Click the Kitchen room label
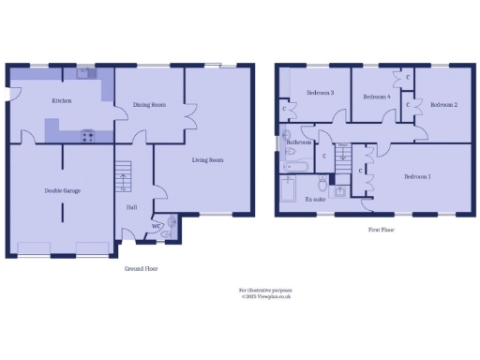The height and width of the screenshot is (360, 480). [x=62, y=100]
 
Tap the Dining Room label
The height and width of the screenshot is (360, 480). [x=149, y=105]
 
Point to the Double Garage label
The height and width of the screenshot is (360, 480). [x=62, y=190]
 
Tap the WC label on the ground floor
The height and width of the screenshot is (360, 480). [x=156, y=224]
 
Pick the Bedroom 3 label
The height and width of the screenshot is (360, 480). [x=320, y=93]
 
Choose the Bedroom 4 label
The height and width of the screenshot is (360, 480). [x=376, y=97]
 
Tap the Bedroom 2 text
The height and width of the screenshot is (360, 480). [x=443, y=105]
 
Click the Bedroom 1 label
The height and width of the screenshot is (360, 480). [x=417, y=176]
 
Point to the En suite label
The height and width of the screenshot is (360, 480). [x=317, y=199]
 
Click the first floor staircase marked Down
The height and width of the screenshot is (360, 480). [x=343, y=154]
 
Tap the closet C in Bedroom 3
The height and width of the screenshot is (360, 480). [x=284, y=109]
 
